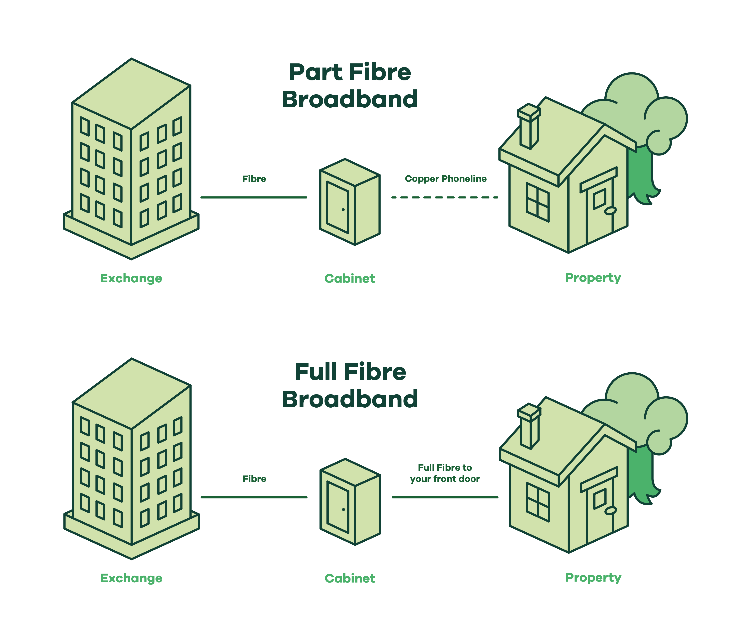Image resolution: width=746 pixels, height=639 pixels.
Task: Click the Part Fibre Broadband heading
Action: click(x=350, y=86)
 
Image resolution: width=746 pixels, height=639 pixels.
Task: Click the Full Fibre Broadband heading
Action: click(x=350, y=385)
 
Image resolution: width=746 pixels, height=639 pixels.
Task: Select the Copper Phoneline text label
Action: click(x=446, y=179)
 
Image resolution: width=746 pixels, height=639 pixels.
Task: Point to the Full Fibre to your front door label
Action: click(x=445, y=473)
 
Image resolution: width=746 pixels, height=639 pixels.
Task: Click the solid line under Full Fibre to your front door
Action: click(x=445, y=497)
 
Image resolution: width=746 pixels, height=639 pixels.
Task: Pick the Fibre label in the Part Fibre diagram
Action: click(x=254, y=179)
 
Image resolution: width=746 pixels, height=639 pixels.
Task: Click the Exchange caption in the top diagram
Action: click(x=131, y=278)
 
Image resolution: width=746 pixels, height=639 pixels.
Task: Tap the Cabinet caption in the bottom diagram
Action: click(x=350, y=578)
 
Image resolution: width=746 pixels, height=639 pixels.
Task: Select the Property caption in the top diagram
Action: click(x=593, y=278)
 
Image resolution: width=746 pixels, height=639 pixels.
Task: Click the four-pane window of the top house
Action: click(x=538, y=202)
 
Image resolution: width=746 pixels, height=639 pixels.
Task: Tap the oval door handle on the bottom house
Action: click(x=611, y=511)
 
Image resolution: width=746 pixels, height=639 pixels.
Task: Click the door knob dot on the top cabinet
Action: click(x=343, y=210)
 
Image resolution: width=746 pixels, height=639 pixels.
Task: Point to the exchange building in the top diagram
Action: click(x=131, y=158)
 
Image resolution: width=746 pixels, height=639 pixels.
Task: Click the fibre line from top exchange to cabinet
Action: click(x=254, y=197)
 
